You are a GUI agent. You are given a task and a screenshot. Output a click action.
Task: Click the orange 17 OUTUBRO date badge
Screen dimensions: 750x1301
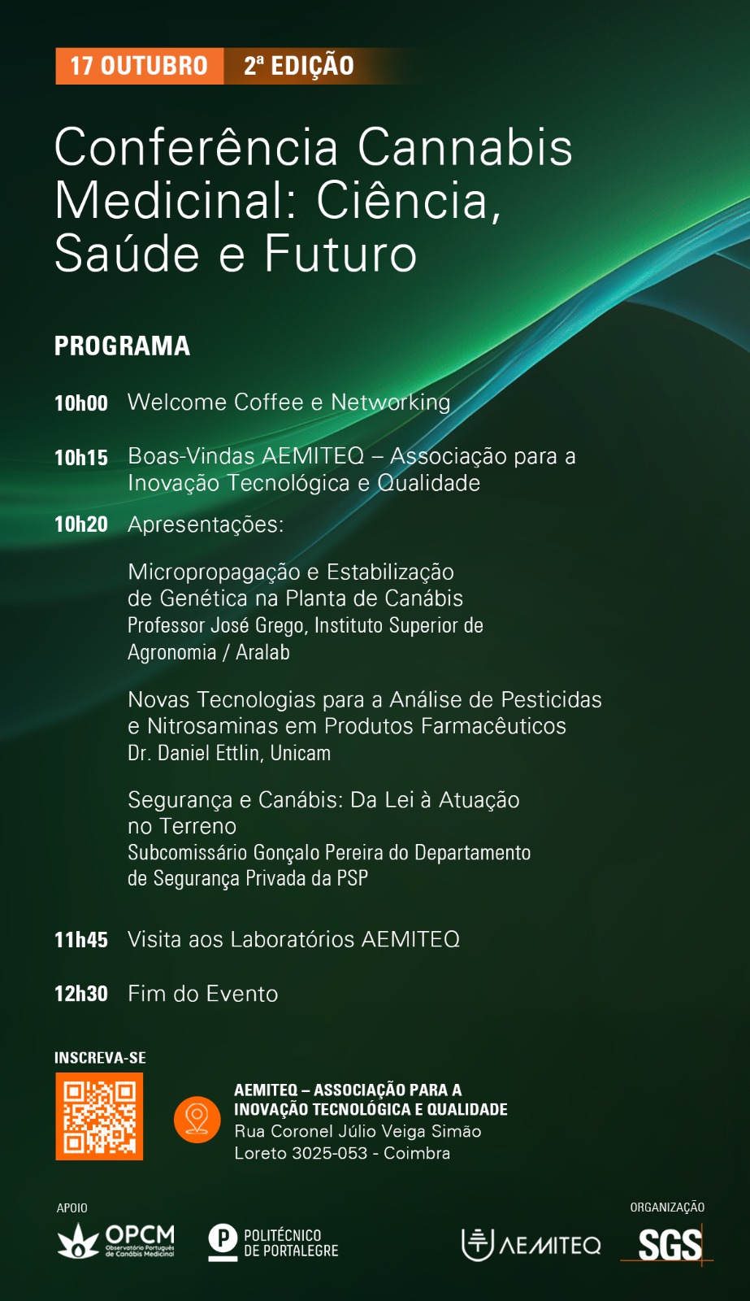click(139, 66)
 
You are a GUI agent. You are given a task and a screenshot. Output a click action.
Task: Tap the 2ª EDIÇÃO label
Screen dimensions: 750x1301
click(298, 66)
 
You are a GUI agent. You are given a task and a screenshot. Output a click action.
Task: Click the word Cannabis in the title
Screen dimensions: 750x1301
click(465, 147)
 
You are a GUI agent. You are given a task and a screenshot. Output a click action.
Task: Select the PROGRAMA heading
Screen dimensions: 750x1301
click(122, 346)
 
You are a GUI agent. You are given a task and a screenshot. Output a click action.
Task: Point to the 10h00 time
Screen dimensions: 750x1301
click(81, 403)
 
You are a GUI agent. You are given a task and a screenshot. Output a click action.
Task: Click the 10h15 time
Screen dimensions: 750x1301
click(81, 458)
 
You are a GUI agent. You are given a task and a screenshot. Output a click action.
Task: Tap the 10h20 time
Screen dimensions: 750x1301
click(81, 524)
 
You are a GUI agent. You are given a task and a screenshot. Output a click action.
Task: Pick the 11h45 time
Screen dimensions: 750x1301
click(81, 940)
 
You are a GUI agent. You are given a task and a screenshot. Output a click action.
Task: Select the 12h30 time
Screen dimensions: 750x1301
click(81, 994)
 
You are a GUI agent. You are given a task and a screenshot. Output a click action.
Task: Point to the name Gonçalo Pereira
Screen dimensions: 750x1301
click(319, 853)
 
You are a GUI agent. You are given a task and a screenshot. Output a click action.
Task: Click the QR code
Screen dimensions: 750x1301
click(99, 1116)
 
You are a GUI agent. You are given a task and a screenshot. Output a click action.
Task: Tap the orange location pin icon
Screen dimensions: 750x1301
click(197, 1119)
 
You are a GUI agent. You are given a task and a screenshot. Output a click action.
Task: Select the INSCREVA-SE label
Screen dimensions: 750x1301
click(101, 1058)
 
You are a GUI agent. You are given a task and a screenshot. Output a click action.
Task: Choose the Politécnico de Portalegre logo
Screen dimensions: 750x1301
click(273, 1242)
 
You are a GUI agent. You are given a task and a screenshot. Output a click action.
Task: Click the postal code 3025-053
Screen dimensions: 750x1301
click(330, 1153)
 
